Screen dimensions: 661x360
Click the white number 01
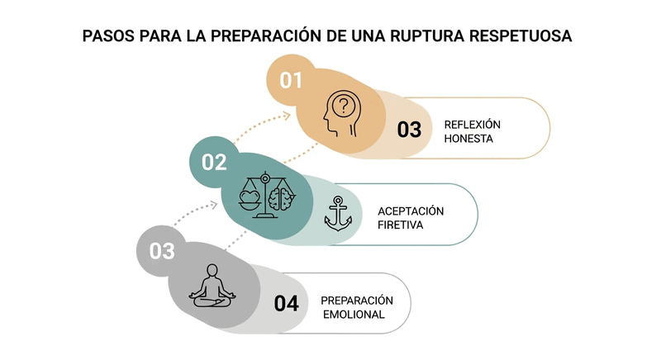click(x=291, y=81)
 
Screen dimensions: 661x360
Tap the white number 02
click(x=214, y=162)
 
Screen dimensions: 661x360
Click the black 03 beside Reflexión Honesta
click(x=409, y=130)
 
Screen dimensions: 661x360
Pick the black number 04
click(x=286, y=303)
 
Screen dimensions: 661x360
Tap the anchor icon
click(x=338, y=214)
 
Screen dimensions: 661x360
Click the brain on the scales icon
click(x=283, y=198)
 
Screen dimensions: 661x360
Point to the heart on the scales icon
click(x=249, y=198)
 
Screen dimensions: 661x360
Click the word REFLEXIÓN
click(x=473, y=124)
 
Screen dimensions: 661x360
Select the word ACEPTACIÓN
click(x=411, y=211)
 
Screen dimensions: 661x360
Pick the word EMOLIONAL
click(x=353, y=315)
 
